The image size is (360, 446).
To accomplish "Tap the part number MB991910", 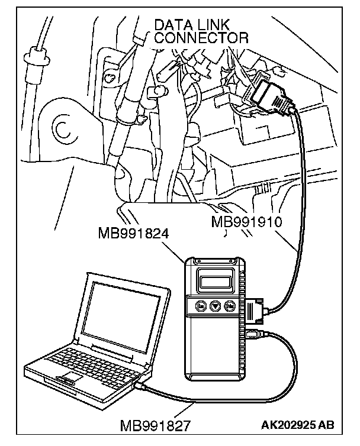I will (x=245, y=222).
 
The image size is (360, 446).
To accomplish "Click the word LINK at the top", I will (x=217, y=25).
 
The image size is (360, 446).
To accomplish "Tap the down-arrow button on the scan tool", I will (x=214, y=306).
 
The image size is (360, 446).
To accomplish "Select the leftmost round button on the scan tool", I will (x=200, y=306).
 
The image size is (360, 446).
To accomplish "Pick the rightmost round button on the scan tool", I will (x=229, y=306).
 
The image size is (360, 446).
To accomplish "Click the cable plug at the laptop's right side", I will (x=140, y=385).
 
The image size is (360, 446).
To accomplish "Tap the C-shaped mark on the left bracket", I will (x=60, y=127).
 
